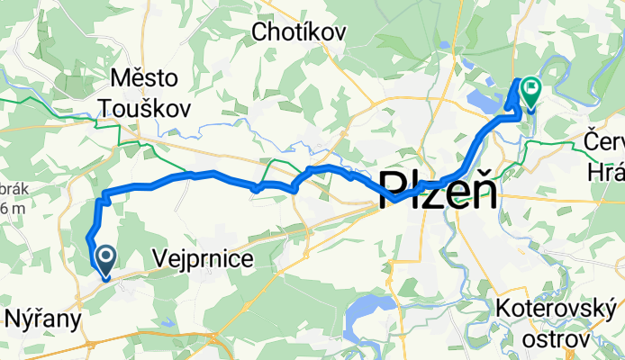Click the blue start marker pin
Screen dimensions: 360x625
tap(105, 261)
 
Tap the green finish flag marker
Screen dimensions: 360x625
tap(530, 91)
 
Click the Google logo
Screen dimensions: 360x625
tap(26, 347)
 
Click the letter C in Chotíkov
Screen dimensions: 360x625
tap(263, 33)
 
